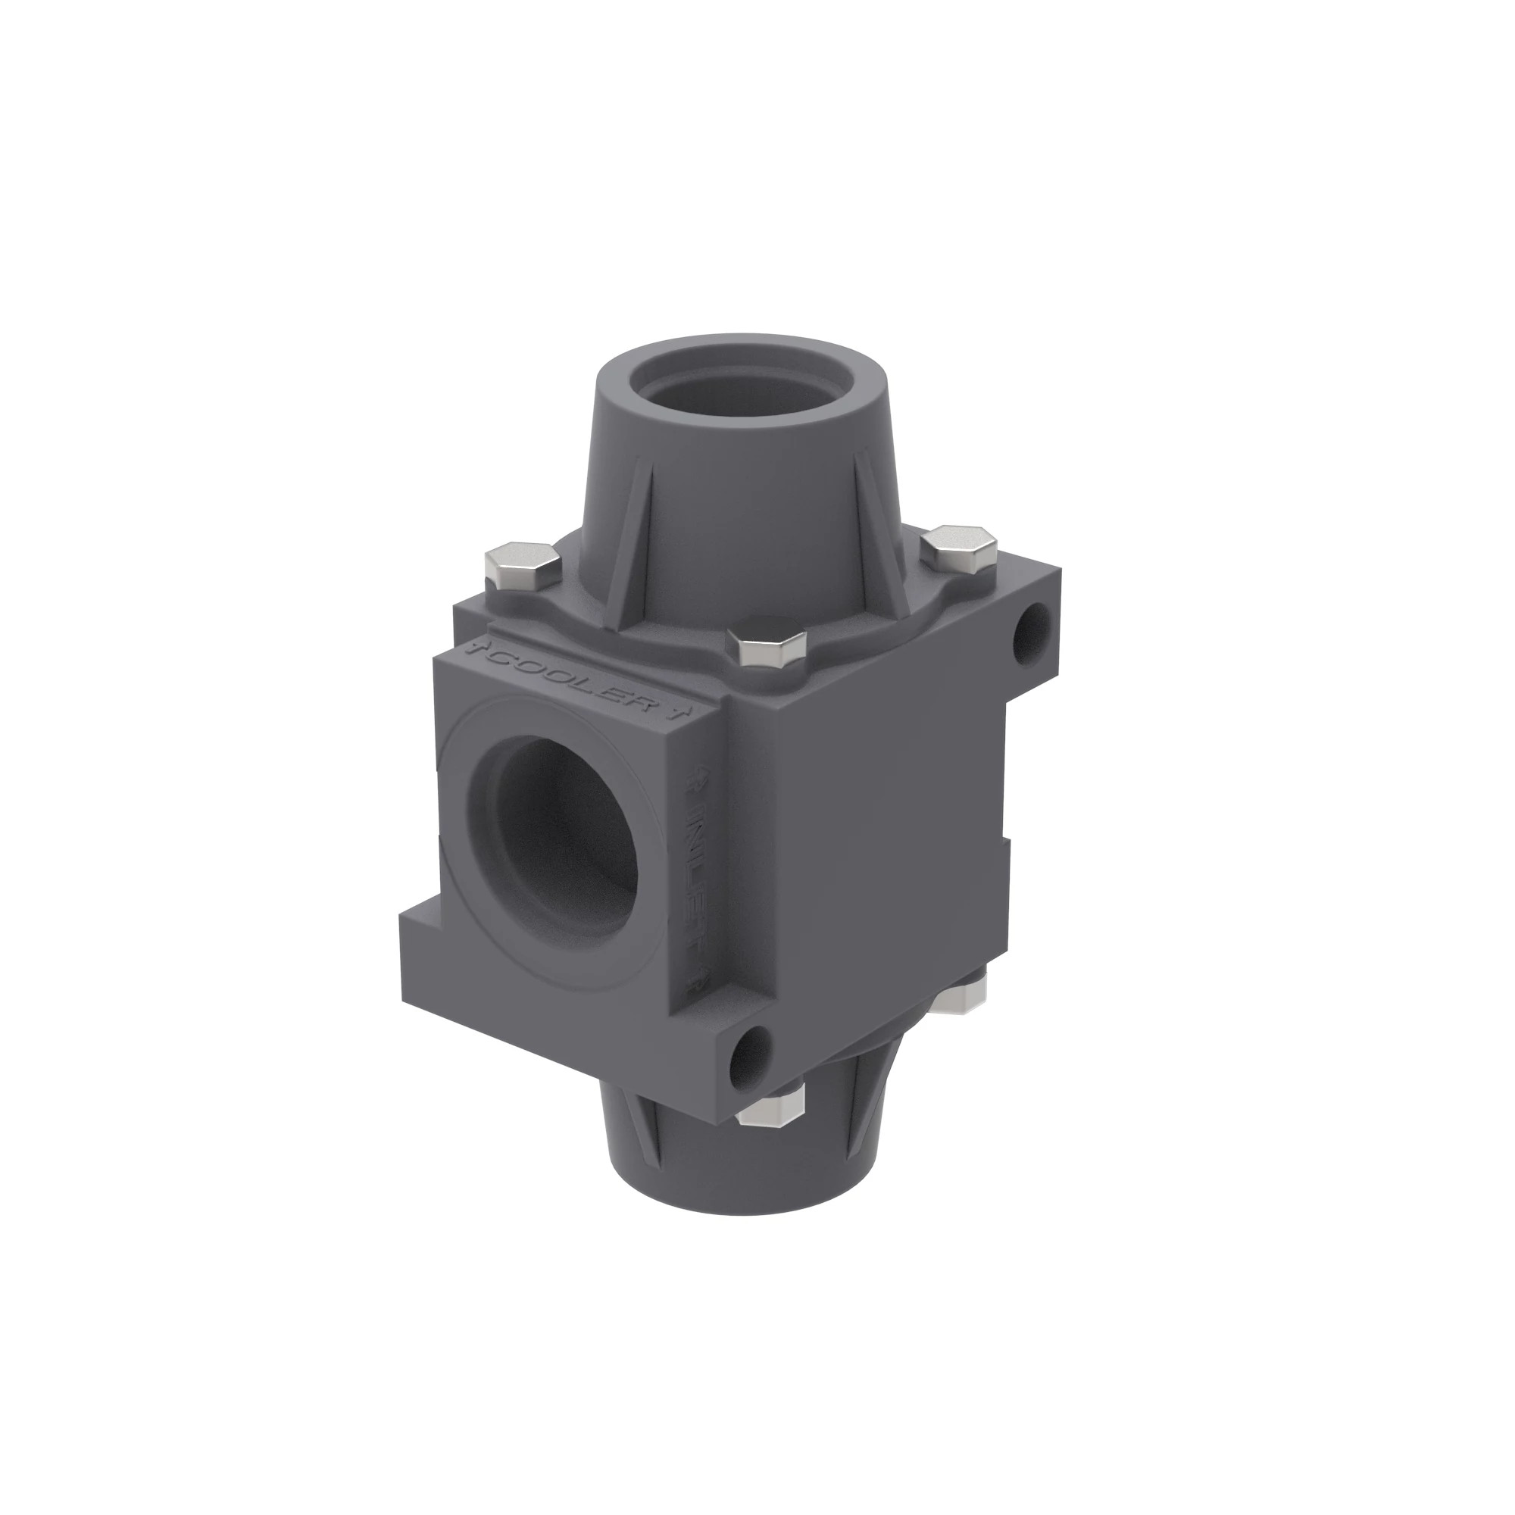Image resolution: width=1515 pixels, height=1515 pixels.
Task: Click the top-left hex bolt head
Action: tap(522, 567)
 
